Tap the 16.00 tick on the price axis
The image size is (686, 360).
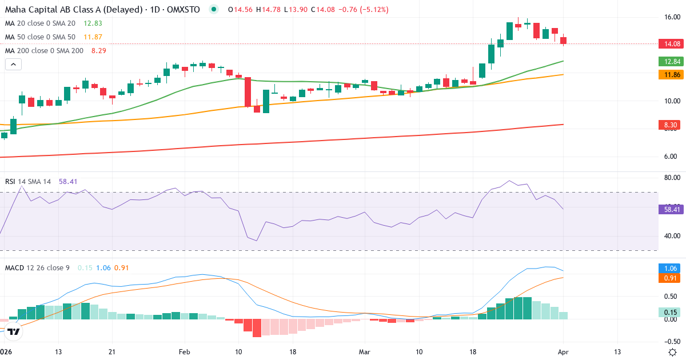coord(671,17)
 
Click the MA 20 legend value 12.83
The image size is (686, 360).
coord(93,23)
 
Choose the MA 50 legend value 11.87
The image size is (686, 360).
coord(93,37)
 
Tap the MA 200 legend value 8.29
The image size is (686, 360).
coord(98,50)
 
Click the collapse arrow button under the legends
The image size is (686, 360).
coord(13,65)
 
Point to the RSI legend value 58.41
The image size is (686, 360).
coord(69,181)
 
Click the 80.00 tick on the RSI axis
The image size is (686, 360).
coord(671,178)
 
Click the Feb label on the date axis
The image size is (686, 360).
coord(184,351)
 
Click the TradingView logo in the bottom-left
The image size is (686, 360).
coord(14,331)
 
